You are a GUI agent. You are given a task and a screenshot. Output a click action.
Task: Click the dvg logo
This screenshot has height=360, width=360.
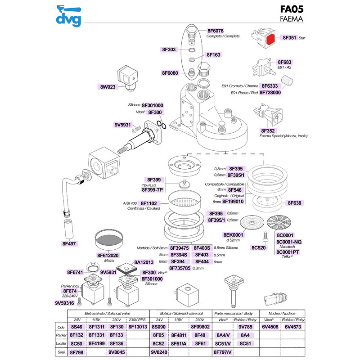coord(68,15)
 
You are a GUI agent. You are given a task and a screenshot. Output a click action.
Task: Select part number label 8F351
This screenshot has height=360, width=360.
coord(289,38)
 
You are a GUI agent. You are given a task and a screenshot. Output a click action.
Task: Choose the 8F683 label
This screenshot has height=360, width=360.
coord(285,62)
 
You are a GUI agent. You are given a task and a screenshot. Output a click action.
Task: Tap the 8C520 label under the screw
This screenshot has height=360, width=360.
coord(260,247)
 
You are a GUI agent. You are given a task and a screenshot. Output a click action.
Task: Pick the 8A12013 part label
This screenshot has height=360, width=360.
coord(144,262)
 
